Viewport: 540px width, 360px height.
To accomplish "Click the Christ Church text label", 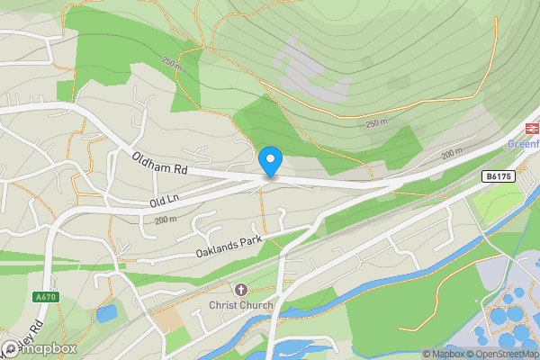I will (x=240, y=306).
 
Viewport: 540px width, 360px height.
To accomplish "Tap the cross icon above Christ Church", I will (x=240, y=290).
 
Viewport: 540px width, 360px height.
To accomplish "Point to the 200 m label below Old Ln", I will (x=165, y=220).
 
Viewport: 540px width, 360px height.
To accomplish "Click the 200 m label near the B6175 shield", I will (x=453, y=155).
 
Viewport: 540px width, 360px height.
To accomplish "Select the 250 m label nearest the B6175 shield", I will (x=377, y=122).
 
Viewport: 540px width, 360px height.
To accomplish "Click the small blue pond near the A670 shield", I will (x=105, y=314).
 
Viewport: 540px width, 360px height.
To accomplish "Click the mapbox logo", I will (x=40, y=348).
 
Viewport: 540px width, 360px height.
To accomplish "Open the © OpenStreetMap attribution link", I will (x=505, y=354).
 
